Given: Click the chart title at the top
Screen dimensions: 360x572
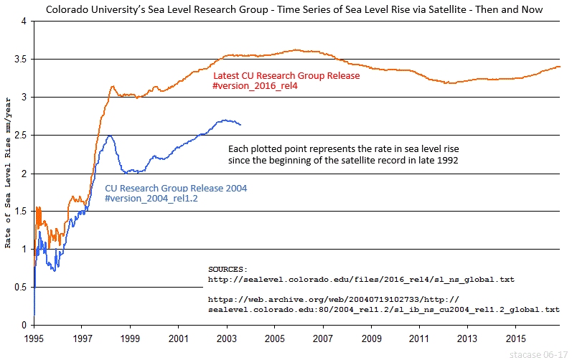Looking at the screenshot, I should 285,9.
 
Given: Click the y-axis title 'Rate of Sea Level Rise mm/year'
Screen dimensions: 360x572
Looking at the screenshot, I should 8,174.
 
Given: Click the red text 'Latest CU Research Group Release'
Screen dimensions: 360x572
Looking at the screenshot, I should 286,75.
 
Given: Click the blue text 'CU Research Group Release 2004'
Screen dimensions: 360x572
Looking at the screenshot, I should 176,188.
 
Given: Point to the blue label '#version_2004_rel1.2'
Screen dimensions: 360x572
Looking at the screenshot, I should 151,199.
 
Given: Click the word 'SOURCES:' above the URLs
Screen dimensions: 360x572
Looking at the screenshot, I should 228,268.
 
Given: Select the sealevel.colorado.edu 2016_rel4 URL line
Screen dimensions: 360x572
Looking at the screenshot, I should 361,278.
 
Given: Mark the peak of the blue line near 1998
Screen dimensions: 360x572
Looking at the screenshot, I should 109,136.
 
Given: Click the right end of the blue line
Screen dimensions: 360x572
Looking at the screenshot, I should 240,125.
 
